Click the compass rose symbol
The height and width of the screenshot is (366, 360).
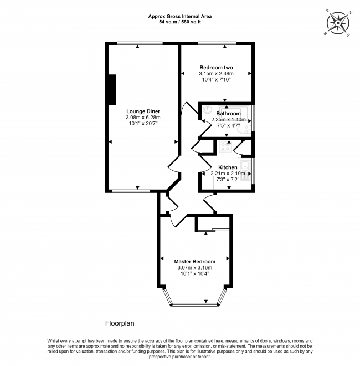pyautogui.click(x=338, y=23)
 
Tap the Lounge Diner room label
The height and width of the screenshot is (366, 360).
pyautogui.click(x=143, y=111)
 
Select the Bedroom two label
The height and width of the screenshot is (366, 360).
pyautogui.click(x=216, y=68)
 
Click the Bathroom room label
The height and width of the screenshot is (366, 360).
pyautogui.click(x=228, y=114)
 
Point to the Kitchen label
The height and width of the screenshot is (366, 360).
pyautogui.click(x=228, y=167)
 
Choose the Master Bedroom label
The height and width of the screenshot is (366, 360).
pyautogui.click(x=195, y=261)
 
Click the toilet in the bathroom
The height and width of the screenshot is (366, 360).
pyautogui.click(x=244, y=129)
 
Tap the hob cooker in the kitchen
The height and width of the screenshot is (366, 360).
pyautogui.click(x=225, y=147)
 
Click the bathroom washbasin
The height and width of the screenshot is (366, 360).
pyautogui.click(x=207, y=109)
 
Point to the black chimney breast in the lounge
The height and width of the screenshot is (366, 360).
pyautogui.click(x=112, y=90)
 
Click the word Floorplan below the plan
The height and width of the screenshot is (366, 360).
pyautogui.click(x=120, y=323)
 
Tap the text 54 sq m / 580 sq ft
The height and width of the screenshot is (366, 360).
pyautogui.click(x=180, y=22)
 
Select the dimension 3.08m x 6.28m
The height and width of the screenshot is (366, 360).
pyautogui.click(x=143, y=118)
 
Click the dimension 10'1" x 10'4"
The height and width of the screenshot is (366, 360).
pyautogui.click(x=195, y=273)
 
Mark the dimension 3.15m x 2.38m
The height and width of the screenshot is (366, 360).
pyautogui.click(x=216, y=74)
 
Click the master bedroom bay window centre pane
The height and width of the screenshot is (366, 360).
pyautogui.click(x=194, y=304)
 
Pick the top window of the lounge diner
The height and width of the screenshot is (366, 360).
pyautogui.click(x=140, y=43)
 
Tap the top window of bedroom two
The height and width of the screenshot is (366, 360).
pyautogui.click(x=217, y=43)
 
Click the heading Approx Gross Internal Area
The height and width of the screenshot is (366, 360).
pyautogui.click(x=180, y=16)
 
